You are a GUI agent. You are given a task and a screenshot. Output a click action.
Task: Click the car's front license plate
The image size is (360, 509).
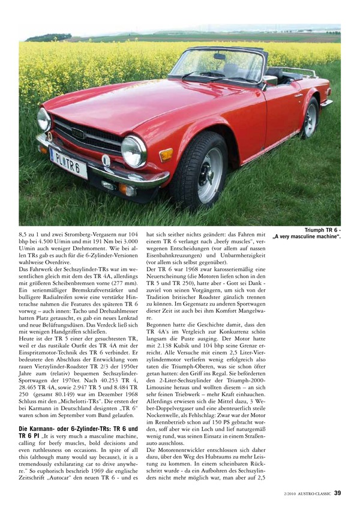click(x=68, y=161)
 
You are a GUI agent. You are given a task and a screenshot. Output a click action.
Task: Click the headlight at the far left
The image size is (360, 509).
click(x=43, y=119)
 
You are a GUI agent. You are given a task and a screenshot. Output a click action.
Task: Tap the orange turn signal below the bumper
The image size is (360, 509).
click(x=127, y=190)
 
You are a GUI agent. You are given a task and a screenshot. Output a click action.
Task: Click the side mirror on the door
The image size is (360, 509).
click(x=269, y=80)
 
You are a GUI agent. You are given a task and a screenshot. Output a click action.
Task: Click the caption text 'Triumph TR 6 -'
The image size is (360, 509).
click(x=322, y=230)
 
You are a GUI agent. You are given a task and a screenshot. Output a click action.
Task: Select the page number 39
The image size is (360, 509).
click(x=338, y=493)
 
